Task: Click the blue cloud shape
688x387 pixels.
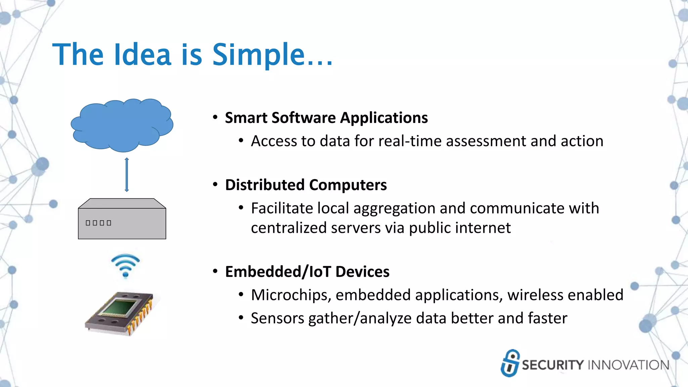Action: point(122,125)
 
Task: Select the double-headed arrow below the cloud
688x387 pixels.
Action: point(127,175)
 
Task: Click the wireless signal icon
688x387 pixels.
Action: point(125,265)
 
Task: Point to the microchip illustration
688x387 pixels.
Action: point(120,313)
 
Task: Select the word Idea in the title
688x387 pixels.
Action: point(142,54)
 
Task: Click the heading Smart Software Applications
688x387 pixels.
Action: point(326,118)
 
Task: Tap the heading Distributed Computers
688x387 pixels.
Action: point(306,185)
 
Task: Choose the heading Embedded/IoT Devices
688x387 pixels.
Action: point(307,272)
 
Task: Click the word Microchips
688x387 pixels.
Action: point(291,295)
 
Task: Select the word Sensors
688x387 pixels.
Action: point(277,318)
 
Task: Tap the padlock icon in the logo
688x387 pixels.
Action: point(510,363)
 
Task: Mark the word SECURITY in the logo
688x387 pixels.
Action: point(553,365)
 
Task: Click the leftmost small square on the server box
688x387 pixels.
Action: point(88,223)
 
